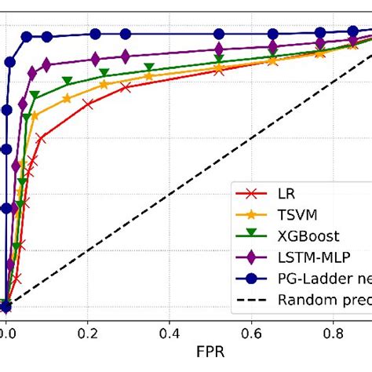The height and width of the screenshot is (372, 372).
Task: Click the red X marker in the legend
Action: click(253, 192)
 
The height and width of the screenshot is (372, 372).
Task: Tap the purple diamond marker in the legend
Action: click(253, 257)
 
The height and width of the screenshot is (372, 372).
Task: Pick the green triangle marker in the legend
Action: click(253, 235)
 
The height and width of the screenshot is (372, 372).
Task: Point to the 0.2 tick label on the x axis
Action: click(88, 332)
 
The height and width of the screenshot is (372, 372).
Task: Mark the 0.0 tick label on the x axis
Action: click(8, 332)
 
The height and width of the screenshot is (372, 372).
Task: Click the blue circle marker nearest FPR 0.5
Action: click(219, 34)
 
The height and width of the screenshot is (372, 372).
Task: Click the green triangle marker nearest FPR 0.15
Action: click(67, 81)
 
